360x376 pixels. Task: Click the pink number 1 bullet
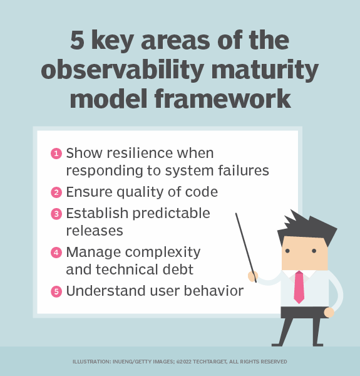[x=56, y=154]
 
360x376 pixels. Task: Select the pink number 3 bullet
[x=56, y=213]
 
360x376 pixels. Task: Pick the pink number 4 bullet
[x=56, y=253]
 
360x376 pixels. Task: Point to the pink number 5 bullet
[x=56, y=291]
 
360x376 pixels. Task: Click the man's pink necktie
[x=299, y=286]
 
